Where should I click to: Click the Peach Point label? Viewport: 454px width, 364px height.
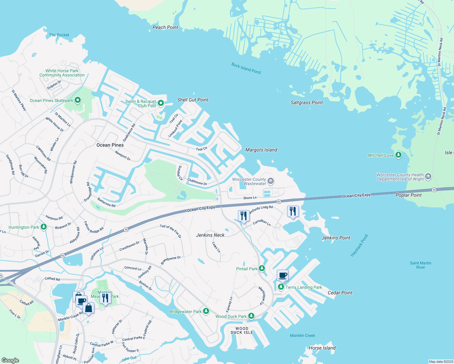(x=165, y=28)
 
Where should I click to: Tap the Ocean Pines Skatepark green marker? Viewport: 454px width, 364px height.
(x=78, y=100)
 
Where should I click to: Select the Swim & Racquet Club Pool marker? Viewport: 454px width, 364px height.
(x=161, y=103)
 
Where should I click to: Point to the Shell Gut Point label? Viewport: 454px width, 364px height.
(x=193, y=100)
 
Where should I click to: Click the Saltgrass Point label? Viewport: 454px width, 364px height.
(x=307, y=103)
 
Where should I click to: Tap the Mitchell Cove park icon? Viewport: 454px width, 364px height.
(x=398, y=155)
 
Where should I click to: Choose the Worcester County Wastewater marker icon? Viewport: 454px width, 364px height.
(x=271, y=181)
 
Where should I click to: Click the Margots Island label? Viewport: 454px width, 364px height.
(x=261, y=150)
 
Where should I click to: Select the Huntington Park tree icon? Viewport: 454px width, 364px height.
(x=44, y=227)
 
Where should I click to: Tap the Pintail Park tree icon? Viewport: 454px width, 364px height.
(x=262, y=268)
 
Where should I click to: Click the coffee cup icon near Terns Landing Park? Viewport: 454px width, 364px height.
(x=283, y=275)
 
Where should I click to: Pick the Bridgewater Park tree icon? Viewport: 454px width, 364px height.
(x=206, y=311)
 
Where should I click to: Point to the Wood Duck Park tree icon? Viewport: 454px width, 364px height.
(x=251, y=316)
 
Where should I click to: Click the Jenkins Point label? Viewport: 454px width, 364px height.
(x=336, y=238)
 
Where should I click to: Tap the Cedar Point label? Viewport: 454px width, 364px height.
(x=340, y=293)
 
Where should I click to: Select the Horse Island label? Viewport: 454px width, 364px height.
(x=322, y=348)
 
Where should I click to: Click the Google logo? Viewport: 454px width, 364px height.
(x=10, y=360)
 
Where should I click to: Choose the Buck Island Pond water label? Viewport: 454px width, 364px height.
(x=246, y=68)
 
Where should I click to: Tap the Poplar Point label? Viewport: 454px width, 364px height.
(x=408, y=195)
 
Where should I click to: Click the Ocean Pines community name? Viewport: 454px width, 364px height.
(x=110, y=145)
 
